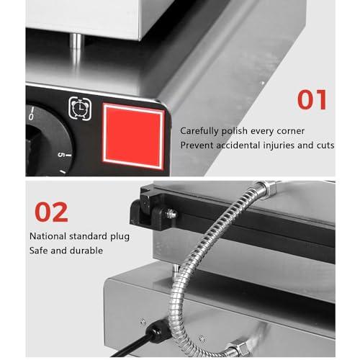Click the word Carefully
pos(202,131)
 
